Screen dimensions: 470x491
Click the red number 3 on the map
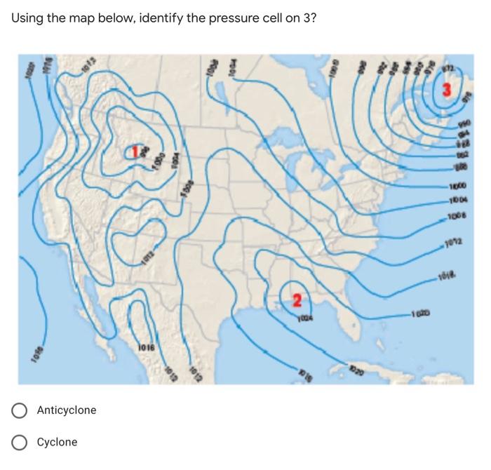tap(447, 90)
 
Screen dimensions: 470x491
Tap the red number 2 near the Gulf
tap(297, 301)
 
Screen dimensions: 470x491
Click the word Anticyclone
tap(67, 410)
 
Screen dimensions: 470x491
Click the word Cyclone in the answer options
tap(57, 442)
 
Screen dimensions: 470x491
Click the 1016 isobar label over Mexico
tap(145, 347)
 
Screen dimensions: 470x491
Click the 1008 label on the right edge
tap(461, 215)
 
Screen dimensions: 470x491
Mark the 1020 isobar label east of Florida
tap(415, 314)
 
